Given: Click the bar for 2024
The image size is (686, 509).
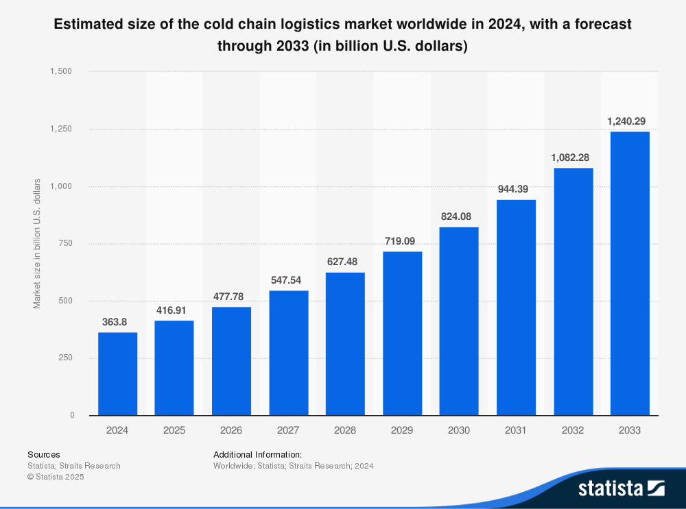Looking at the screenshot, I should tap(117, 374).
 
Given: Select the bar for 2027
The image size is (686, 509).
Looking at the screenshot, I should tap(288, 353).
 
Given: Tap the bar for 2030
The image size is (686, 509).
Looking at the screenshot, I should tap(459, 321).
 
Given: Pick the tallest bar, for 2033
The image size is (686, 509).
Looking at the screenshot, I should tap(630, 273).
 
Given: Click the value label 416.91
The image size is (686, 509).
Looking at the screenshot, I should tap(174, 308).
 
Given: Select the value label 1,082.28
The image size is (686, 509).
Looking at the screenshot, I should tap(573, 157).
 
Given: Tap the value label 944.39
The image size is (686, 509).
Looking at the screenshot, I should tap(516, 188).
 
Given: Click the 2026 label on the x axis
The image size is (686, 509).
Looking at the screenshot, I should tap(231, 431).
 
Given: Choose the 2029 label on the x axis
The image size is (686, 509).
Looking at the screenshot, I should tap(402, 431).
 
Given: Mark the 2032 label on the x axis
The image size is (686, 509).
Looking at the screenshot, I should tap(573, 431).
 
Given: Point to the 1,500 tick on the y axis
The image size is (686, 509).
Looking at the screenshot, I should tap(62, 72).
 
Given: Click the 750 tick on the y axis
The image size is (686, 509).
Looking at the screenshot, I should tap(67, 243).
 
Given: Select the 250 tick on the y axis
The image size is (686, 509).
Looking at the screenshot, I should tap(67, 358).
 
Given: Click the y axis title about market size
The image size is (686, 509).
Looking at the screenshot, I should tap(37, 243).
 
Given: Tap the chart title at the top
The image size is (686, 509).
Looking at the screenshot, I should tap(342, 35).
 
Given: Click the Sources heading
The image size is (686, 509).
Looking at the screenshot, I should tap(44, 454).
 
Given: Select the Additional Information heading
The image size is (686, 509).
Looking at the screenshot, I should tap(257, 454).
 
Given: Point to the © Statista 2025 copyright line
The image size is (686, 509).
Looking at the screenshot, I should tap(56, 477).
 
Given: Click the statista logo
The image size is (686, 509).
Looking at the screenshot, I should tap(621, 488).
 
